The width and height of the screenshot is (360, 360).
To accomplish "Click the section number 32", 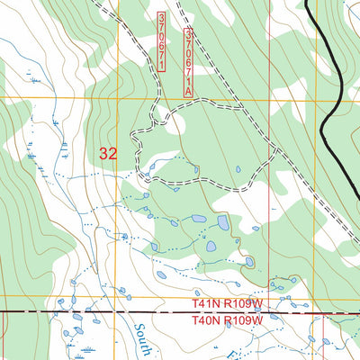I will (x=109, y=154).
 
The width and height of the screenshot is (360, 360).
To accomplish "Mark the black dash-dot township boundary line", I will (x=90, y=311).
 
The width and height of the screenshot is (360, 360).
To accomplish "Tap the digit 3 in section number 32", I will (x=104, y=154).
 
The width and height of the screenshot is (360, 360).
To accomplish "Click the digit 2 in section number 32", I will (x=113, y=154).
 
